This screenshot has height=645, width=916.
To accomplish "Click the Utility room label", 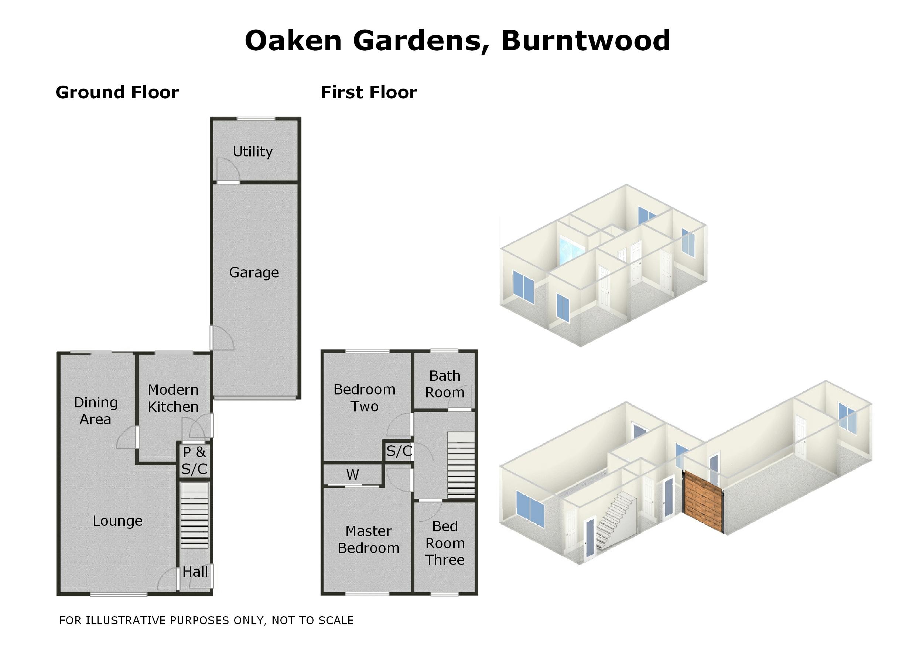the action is (253, 152).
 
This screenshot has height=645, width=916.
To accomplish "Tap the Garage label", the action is (254, 273).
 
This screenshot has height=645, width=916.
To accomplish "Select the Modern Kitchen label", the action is (173, 398).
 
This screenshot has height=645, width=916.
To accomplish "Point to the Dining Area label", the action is (96, 411).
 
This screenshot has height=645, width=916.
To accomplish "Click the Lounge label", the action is (118, 521).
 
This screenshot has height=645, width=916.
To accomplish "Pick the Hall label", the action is (195, 572).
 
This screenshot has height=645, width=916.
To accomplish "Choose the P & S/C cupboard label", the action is (194, 461).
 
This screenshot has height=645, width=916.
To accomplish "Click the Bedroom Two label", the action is (365, 398).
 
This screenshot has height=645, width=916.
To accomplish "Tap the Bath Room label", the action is (445, 384).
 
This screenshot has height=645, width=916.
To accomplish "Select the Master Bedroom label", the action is (368, 540).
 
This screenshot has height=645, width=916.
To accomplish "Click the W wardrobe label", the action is (353, 475).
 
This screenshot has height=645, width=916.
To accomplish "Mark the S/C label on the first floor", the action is (399, 451).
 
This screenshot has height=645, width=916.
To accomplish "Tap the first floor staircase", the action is (461, 465).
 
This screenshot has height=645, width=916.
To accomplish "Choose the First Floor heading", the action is (369, 93).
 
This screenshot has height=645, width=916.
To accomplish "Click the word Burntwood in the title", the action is (585, 41).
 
